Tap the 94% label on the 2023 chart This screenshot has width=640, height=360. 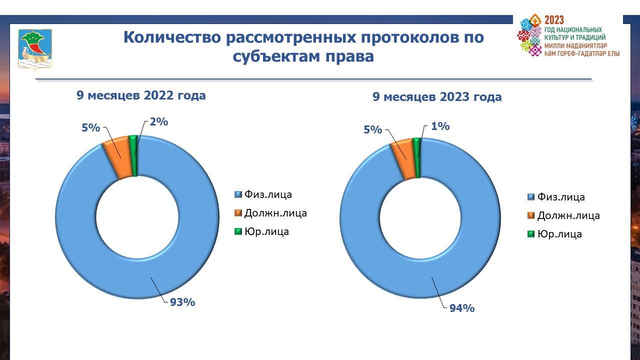[460, 308]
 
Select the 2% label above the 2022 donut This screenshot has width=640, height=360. [158, 121]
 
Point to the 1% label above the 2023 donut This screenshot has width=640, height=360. [440, 126]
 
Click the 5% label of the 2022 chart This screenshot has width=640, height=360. [91, 127]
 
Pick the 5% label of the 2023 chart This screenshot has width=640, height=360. [373, 130]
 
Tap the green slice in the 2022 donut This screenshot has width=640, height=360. [133, 155]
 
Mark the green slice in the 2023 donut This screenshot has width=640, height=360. [417, 157]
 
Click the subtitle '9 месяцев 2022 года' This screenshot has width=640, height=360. [141, 95]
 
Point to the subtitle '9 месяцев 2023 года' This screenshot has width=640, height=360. [437, 97]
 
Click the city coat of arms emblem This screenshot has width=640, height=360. [35, 48]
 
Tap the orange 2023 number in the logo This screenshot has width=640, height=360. [554, 20]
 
